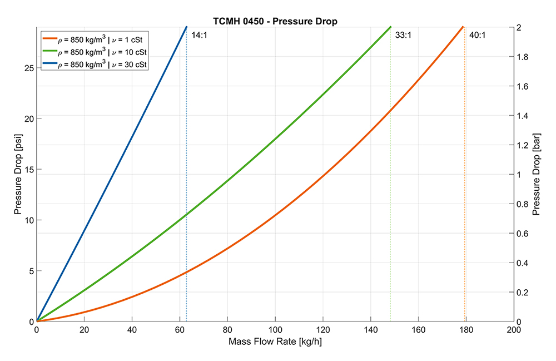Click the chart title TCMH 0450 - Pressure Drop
[x=275, y=21]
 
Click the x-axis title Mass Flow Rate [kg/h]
[x=275, y=342]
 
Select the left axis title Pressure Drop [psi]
[x=18, y=174]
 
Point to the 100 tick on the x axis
[x=275, y=329]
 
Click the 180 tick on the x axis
[x=466, y=329]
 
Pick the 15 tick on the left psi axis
[x=28, y=170]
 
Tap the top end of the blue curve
[x=186, y=27]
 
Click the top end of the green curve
[x=390, y=27]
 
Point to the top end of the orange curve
[x=463, y=27]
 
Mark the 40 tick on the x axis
[x=132, y=329]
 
